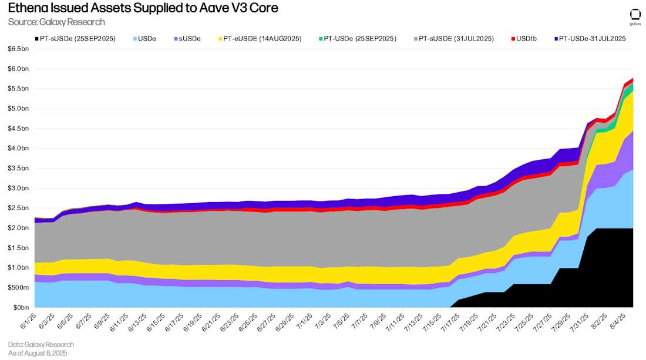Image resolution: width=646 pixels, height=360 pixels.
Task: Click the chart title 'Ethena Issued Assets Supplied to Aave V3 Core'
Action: pyautogui.click(x=143, y=8)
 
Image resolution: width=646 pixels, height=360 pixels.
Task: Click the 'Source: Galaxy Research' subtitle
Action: pyautogui.click(x=56, y=22)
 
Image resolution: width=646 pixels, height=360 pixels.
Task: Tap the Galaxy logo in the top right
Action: pyautogui.click(x=635, y=16)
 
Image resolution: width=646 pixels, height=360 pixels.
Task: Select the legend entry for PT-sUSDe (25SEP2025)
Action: pyautogui.click(x=74, y=39)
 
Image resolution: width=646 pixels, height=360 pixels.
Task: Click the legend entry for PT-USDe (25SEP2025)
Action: pyautogui.click(x=356, y=39)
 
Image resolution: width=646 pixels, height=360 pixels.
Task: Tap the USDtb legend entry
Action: pyautogui.click(x=526, y=39)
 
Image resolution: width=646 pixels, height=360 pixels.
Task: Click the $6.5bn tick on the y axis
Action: pyautogui.click(x=18, y=49)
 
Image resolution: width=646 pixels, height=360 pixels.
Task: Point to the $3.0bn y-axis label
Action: pyautogui.click(x=18, y=189)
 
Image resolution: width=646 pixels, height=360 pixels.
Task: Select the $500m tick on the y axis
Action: pyautogui.click(x=18, y=288)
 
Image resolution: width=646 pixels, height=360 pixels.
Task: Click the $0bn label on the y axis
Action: pyautogui.click(x=20, y=308)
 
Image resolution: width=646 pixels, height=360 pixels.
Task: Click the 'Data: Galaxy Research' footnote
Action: pyautogui.click(x=41, y=344)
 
